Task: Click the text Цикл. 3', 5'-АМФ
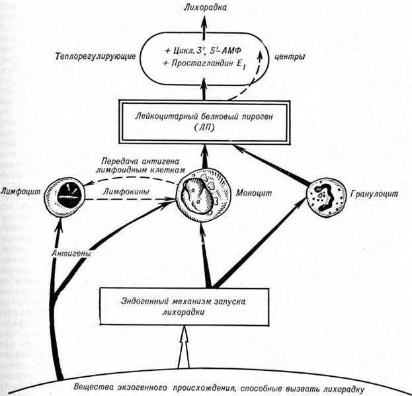coord(205,50)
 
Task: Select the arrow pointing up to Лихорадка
coord(205,25)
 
